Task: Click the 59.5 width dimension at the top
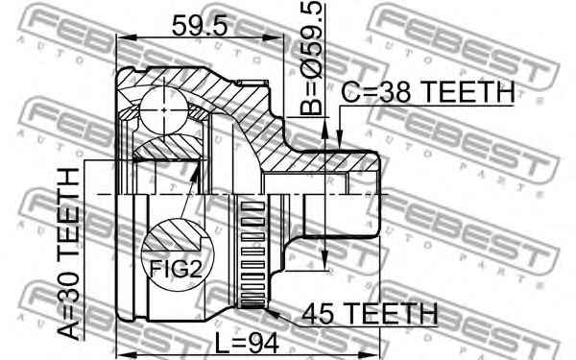tap(199, 25)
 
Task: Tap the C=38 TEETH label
tap(428, 92)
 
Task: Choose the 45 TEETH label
tap(370, 313)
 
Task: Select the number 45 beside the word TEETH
tap(320, 313)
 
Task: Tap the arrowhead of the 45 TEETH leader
tap(268, 310)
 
